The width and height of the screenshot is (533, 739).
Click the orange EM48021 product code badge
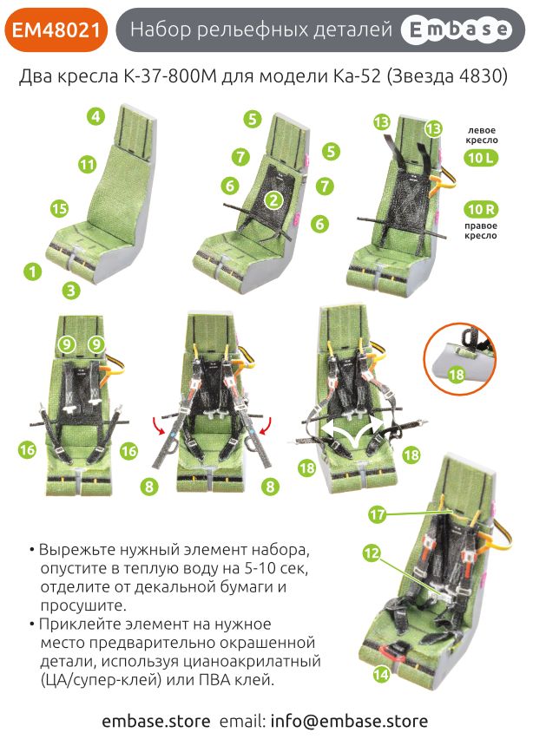(56, 30)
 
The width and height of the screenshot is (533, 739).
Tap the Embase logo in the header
(456, 30)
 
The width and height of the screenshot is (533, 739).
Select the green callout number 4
(95, 116)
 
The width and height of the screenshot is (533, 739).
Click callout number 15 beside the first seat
(60, 209)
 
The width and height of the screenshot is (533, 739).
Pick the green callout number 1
(32, 271)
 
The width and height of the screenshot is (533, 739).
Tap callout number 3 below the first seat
(71, 290)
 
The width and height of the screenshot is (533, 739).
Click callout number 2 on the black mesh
(273, 199)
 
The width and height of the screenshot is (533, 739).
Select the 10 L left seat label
(481, 157)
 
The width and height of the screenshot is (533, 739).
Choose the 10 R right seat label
(481, 209)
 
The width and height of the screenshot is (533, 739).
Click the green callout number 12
(372, 553)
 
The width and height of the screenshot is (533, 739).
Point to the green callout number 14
(381, 675)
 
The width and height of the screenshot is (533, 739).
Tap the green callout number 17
(378, 513)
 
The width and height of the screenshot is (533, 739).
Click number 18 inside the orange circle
(456, 375)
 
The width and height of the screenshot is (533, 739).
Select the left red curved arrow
(159, 424)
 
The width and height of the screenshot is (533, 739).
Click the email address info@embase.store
(350, 721)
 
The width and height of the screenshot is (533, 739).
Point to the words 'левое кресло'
(482, 135)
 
